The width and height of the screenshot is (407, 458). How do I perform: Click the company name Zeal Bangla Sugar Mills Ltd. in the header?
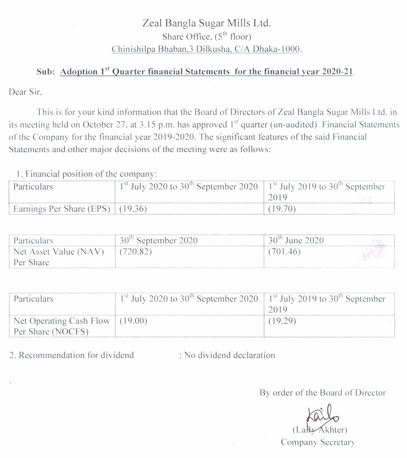[206, 24]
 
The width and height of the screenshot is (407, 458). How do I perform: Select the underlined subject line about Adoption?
[207, 72]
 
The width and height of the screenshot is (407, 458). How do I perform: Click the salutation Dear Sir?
[25, 92]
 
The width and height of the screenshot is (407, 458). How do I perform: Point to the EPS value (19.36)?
[133, 209]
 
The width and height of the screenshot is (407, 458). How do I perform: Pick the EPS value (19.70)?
[282, 209]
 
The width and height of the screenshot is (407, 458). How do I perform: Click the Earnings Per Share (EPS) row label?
[62, 209]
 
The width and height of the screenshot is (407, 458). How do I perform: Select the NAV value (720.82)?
[136, 252]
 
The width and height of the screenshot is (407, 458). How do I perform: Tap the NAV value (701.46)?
[284, 252]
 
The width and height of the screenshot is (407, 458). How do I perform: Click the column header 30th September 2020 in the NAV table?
[159, 240]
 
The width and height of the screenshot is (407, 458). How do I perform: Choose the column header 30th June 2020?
[296, 240]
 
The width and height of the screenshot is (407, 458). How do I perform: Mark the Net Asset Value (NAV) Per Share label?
[59, 257]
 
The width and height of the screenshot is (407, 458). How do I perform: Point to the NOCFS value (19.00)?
[133, 321]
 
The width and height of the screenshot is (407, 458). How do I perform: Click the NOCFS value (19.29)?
[282, 321]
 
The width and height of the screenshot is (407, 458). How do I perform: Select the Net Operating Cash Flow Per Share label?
[61, 326]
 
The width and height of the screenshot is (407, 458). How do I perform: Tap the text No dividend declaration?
[230, 355]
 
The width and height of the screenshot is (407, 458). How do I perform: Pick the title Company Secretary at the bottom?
[318, 442]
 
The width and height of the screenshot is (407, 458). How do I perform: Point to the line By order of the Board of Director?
[323, 393]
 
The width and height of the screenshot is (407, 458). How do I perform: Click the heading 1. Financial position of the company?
[86, 174]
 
